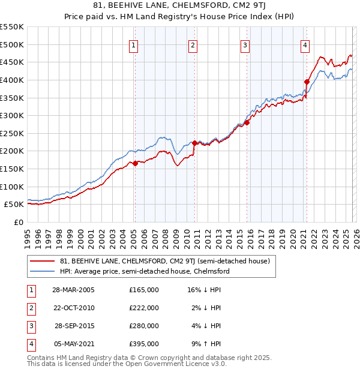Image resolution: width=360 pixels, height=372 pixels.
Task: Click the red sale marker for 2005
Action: coord(135,163)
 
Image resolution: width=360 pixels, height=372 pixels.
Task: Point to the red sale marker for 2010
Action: coord(194,143)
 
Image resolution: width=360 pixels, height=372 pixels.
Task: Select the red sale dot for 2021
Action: coord(307,82)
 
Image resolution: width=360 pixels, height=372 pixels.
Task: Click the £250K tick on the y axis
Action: coord(12,133)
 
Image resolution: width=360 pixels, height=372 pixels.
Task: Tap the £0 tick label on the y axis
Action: coord(18,222)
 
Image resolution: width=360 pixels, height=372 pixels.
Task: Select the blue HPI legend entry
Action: coord(145,271)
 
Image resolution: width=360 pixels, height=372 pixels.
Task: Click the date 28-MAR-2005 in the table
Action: coord(73,290)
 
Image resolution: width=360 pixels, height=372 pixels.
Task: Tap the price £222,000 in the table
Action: coord(144,308)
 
